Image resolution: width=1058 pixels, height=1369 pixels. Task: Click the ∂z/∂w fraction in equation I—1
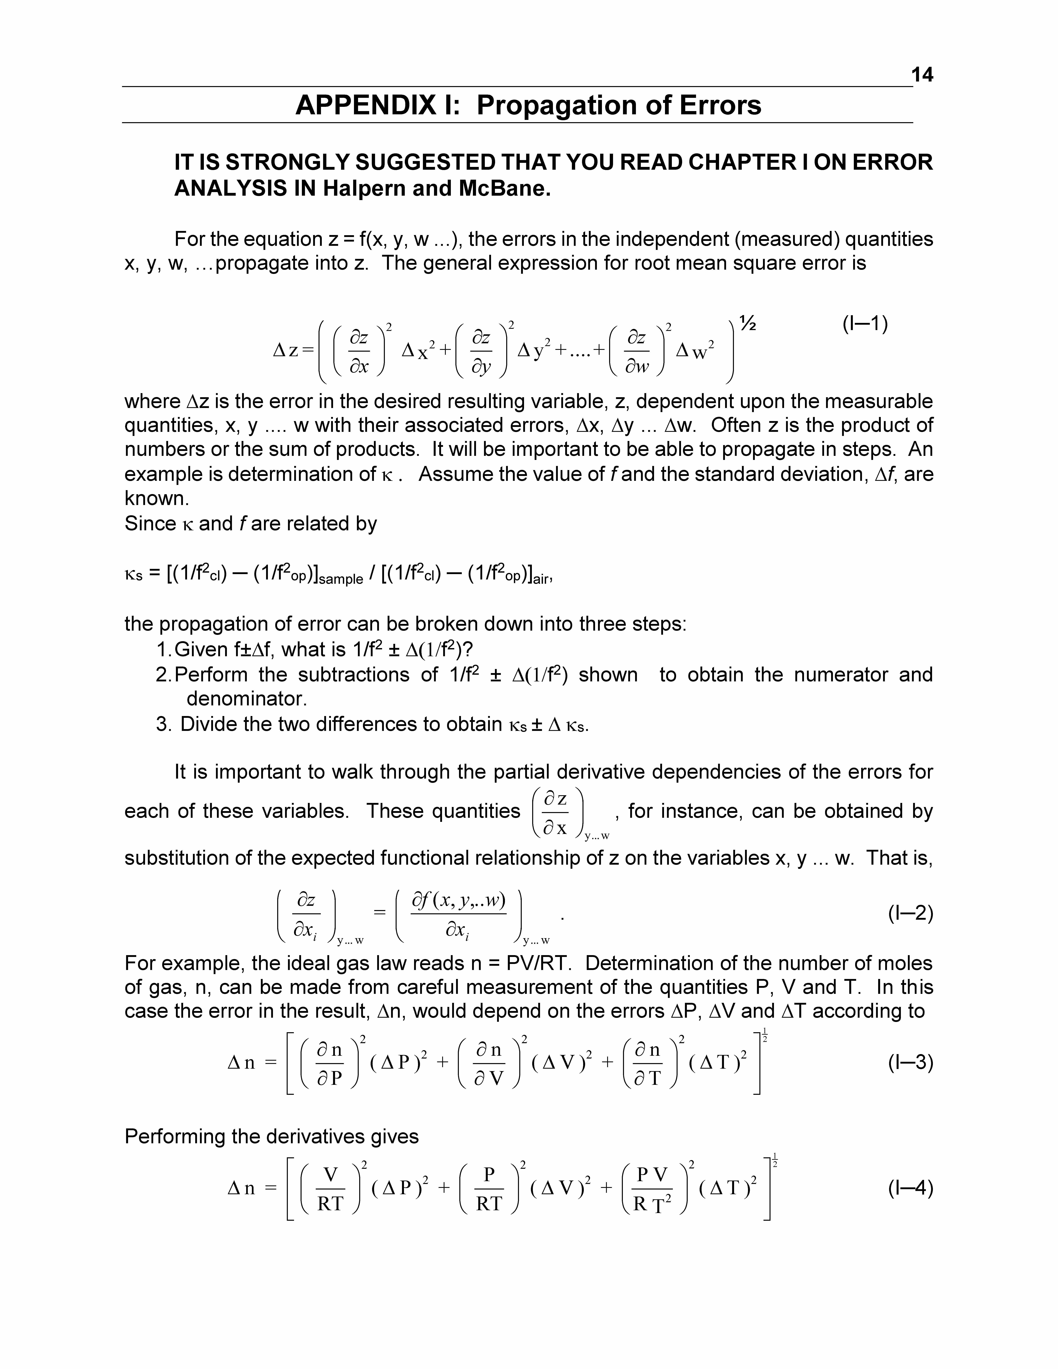click(x=637, y=352)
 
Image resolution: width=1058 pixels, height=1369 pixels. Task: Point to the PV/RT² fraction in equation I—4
click(x=652, y=1189)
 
